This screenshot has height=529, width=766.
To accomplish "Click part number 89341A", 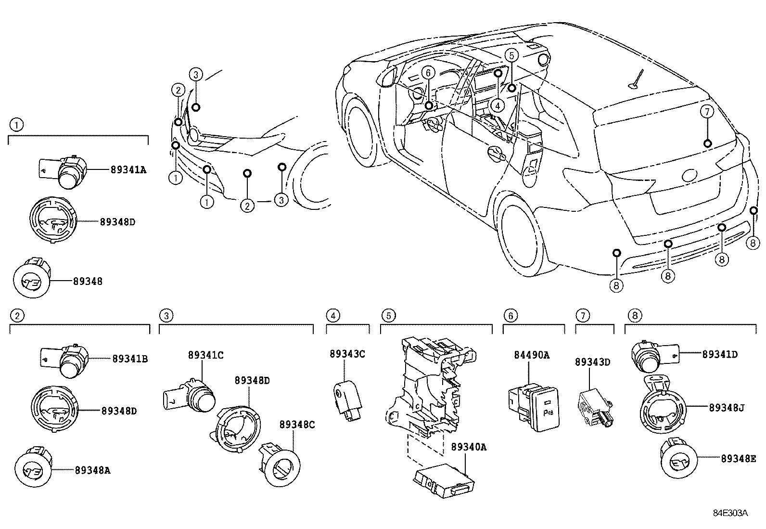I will pos(128,169).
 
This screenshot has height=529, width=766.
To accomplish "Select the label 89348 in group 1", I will pos(88,282).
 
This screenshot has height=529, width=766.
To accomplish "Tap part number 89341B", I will pos(130,359).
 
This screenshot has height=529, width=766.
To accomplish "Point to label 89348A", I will pos(92,470).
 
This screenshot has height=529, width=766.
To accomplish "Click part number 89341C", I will pos(205,355).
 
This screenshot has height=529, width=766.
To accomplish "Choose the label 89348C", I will pos(297,425).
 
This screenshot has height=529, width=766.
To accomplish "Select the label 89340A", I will pos(469,447).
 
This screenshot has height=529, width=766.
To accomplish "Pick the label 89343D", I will pos(592,362).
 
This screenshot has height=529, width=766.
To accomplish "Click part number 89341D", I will pos(720,355).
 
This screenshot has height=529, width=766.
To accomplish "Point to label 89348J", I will pos(727,408).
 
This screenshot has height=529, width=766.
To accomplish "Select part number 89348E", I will pos(738,459).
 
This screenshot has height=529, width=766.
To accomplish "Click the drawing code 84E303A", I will pos(730,513).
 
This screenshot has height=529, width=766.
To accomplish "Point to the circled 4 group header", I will pos(333,316).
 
